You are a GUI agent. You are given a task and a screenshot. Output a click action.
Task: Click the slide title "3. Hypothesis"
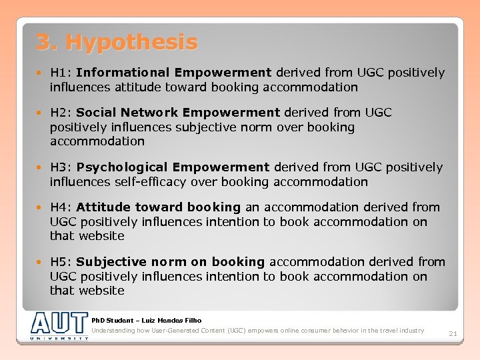click(x=117, y=43)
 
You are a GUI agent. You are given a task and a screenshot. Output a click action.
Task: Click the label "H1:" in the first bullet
click(x=61, y=73)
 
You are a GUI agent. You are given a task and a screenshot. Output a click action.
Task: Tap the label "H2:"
click(x=61, y=113)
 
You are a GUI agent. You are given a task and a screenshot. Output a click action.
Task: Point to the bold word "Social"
click(x=97, y=113)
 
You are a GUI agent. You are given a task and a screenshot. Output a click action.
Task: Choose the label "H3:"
click(x=61, y=167)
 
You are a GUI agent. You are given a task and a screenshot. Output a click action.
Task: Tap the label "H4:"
click(x=61, y=207)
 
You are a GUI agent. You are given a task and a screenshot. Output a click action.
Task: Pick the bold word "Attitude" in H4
click(x=103, y=207)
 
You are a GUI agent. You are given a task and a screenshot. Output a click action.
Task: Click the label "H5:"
click(x=61, y=262)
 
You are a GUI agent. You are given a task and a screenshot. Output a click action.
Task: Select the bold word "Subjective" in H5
click(x=111, y=262)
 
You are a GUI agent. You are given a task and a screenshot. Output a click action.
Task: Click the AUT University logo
click(x=59, y=326)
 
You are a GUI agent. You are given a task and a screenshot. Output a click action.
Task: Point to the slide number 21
click(x=452, y=333)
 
